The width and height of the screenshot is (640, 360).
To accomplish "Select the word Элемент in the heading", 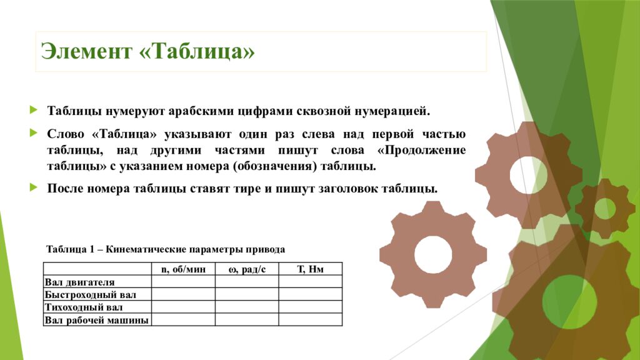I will pos(87,51).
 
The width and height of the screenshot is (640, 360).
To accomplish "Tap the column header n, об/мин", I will pos(183,269).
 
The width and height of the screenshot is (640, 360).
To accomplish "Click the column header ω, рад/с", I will pos(247,269).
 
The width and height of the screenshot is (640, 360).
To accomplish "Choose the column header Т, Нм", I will pos(310,269).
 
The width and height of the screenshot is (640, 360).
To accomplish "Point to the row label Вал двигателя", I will pos(79,282).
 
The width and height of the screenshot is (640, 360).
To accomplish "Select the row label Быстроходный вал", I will pos(90,294).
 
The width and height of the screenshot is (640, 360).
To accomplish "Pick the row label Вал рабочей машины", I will pos(97,320).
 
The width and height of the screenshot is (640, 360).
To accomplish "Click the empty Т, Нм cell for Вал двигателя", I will pos(310,282).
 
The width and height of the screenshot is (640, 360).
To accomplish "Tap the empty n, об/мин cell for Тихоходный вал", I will pos(183,307).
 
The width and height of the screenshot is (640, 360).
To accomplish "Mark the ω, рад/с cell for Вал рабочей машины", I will pos(247,319).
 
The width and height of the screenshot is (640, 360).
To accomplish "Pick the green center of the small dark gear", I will pos(604,208).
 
